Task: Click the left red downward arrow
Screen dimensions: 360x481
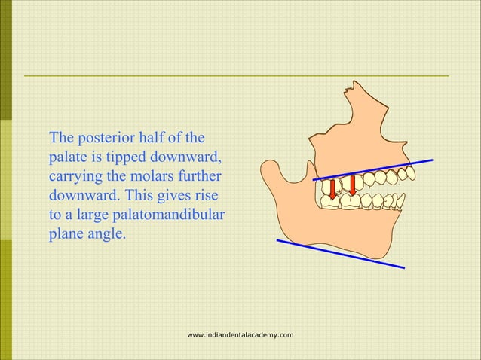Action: pos(332,190)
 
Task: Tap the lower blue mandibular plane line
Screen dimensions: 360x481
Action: pos(339,253)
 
